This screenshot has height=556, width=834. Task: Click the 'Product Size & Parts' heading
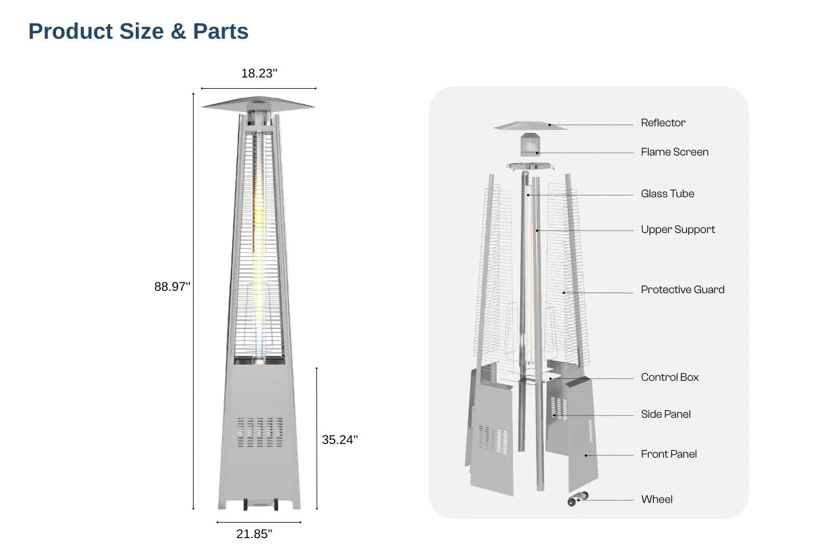tap(138, 31)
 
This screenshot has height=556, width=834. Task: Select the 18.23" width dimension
tap(259, 73)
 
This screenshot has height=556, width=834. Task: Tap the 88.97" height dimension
tap(172, 287)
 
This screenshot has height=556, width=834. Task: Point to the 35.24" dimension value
tap(340, 439)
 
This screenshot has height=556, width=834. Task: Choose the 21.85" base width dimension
tap(254, 534)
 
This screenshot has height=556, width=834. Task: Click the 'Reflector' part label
tap(663, 123)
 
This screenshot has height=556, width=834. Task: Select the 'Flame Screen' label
tap(674, 152)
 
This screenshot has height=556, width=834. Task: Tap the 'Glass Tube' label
tap(668, 194)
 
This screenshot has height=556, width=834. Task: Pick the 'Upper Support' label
tap(678, 229)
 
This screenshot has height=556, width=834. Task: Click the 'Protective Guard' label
tap(683, 290)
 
